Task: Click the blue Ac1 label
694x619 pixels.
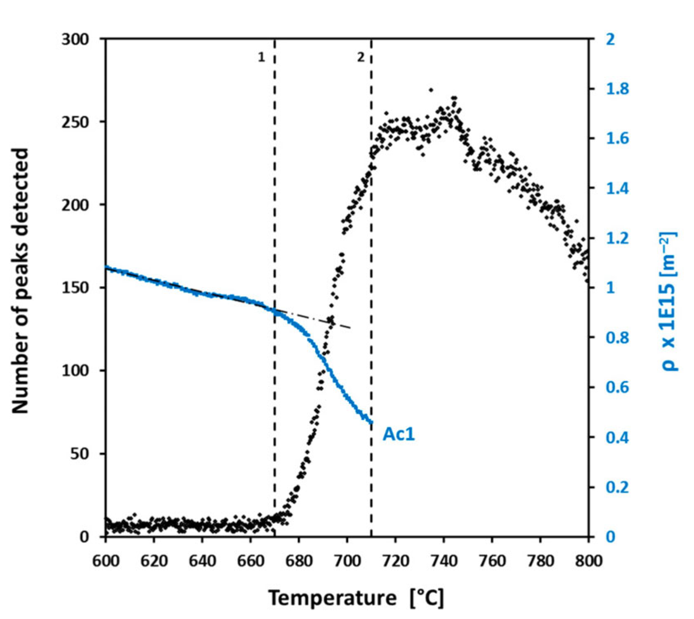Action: coord(398,434)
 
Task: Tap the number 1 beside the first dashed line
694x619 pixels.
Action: coord(261,57)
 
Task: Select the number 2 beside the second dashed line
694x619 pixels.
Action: coord(361,57)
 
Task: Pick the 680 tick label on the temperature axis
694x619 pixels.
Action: coord(299,561)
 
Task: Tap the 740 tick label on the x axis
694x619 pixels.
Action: coord(444,561)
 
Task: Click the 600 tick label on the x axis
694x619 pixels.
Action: coord(106,561)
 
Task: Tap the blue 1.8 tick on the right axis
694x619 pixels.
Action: coord(617,89)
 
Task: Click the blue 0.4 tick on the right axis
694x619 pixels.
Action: coord(617,437)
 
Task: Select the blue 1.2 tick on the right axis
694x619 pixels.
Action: coord(617,238)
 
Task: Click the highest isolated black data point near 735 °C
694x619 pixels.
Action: coord(431,90)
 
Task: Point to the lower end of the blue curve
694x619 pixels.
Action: coord(371,422)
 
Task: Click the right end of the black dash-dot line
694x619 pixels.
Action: coord(350,328)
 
